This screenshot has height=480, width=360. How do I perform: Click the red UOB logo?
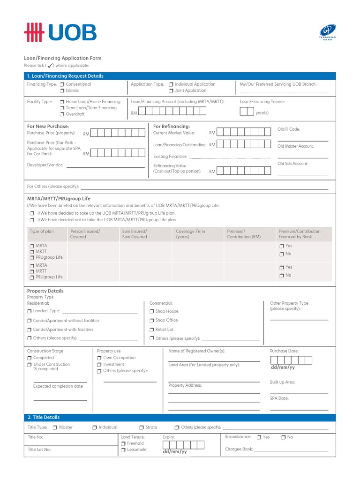pos(60,33)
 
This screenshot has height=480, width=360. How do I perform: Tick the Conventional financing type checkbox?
pos(62,84)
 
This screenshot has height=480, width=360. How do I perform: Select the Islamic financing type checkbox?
pos(62,90)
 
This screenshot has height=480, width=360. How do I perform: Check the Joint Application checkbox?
pos(171,90)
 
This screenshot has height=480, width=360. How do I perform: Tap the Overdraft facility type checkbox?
pos(62,114)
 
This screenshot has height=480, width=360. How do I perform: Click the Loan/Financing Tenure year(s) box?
pos(247,111)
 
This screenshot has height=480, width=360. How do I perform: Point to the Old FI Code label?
pos(289,129)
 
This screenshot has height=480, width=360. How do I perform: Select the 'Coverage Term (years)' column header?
pos(190,234)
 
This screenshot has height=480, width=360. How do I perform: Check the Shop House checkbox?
pos(151,311)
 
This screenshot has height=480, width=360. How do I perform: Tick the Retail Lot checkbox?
pos(151,330)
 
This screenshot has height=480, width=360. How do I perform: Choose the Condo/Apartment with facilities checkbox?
pos(30,330)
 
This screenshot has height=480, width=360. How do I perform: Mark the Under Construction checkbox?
pos(30,364)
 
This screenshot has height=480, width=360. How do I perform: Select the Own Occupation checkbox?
pos(99,358)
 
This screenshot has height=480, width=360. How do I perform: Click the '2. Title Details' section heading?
pos(44,417)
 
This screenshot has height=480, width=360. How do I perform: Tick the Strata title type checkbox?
pos(142,427)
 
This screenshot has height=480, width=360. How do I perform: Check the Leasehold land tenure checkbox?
pos(123,450)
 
